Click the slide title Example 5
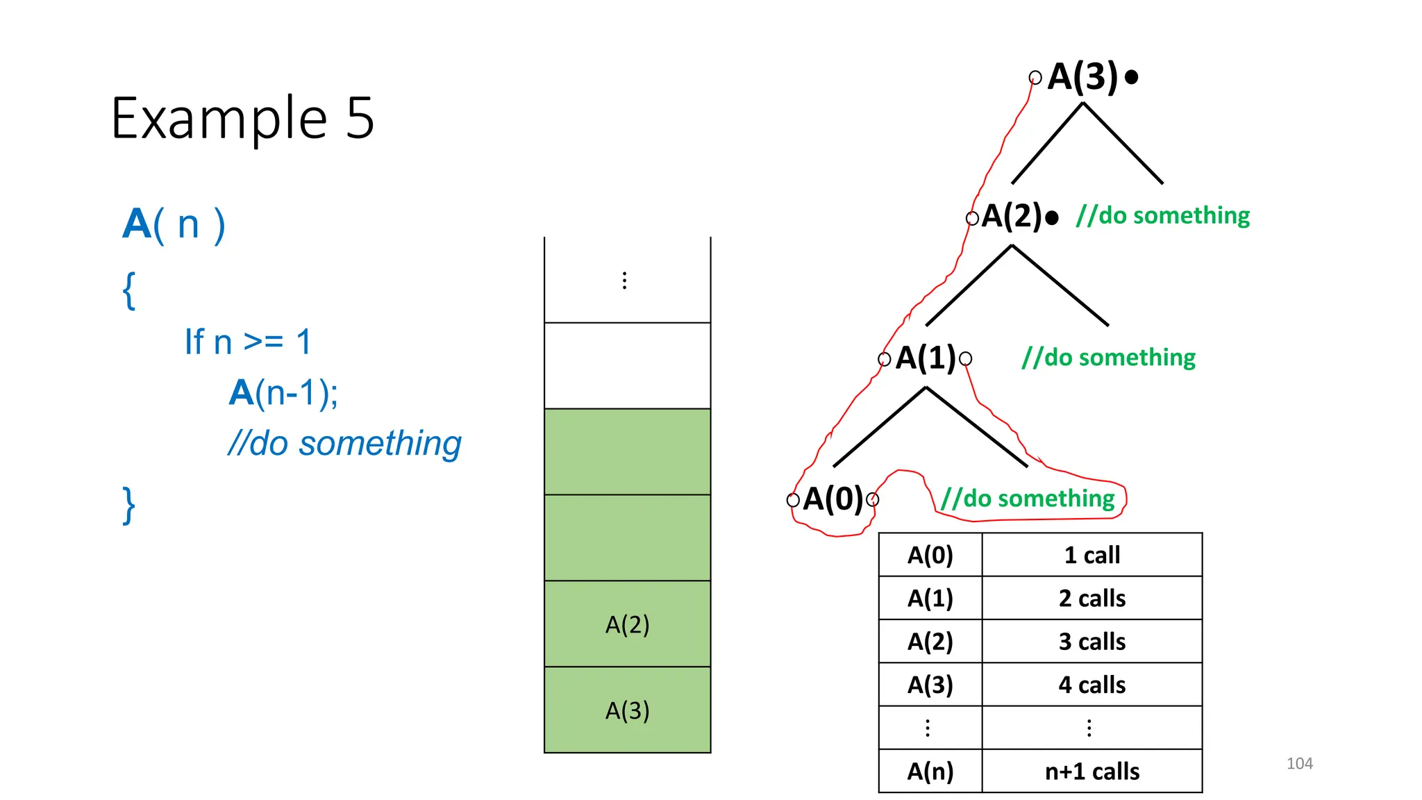coord(242,118)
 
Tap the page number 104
coord(1299,763)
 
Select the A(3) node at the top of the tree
coord(1082,76)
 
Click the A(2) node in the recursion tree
coord(1012,216)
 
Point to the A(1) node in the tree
coord(926,358)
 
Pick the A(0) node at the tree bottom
coord(833,499)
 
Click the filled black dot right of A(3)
coord(1131,77)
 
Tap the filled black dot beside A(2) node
coord(1052,218)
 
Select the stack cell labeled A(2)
coord(627,624)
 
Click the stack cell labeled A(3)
coord(627,710)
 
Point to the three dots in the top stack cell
coord(625,281)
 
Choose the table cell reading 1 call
coord(1091,555)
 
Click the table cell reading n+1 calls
coord(1091,771)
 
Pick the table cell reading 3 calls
coord(1091,641)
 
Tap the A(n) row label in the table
coord(930,771)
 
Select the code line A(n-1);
coord(283,393)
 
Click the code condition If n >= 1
coord(248,342)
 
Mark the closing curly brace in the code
coord(128,505)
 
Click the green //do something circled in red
coord(1028,499)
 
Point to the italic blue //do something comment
coord(344,443)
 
